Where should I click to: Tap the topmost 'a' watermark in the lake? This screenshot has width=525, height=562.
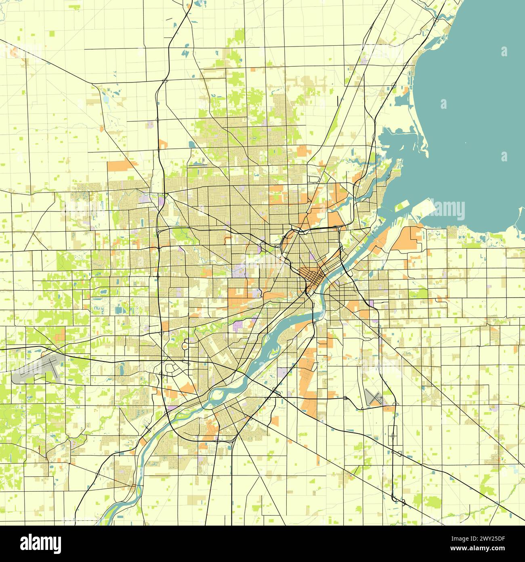click(x=504, y=51)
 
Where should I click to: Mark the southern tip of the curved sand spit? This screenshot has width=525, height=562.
click(x=426, y=156)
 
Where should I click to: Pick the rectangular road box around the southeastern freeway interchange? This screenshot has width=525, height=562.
click(x=394, y=436)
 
